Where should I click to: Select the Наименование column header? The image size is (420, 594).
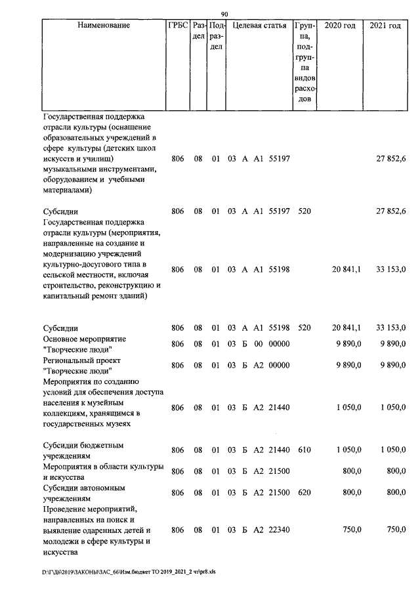pos(104,26)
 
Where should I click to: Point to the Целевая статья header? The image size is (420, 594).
pos(260,26)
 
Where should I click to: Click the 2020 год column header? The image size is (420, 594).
pos(341,26)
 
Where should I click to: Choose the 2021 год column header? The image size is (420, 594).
pos(385,26)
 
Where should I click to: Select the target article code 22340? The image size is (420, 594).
pos(280,530)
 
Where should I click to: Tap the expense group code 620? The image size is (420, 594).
pos(304,492)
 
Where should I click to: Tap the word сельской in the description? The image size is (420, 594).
pos(62,274)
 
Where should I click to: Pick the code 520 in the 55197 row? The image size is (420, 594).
pos(304,211)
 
